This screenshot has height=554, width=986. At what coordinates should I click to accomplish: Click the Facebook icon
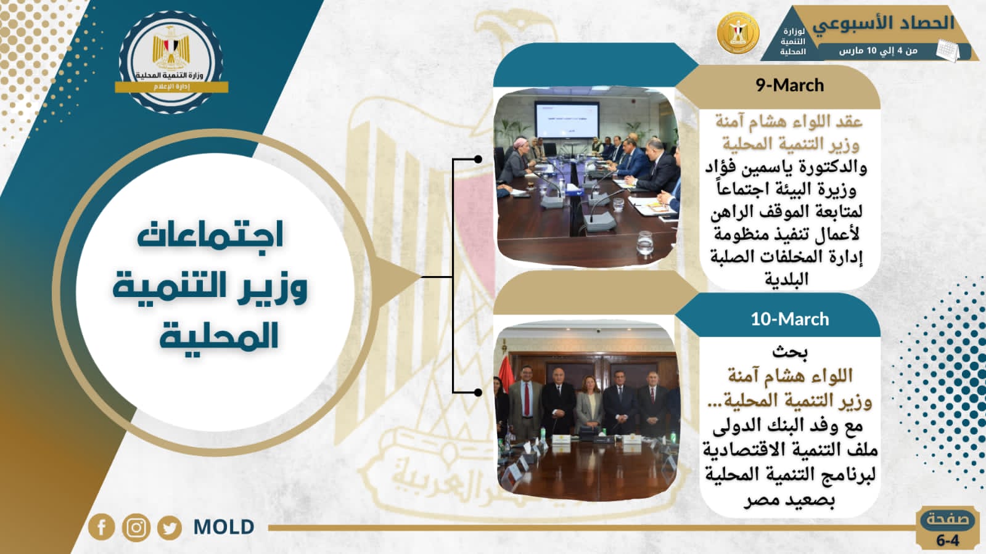pyautogui.click(x=102, y=527)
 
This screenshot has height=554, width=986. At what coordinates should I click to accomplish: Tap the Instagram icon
pyautogui.click(x=136, y=527)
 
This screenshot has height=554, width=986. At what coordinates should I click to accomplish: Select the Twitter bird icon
pyautogui.click(x=170, y=527)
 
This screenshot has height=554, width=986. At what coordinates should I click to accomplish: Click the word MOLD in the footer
pyautogui.click(x=224, y=527)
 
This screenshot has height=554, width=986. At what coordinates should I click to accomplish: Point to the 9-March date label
pyautogui.click(x=790, y=85)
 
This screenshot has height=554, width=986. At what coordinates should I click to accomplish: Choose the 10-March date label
pyautogui.click(x=790, y=319)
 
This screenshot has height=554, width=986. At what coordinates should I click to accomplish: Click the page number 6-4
pyautogui.click(x=948, y=540)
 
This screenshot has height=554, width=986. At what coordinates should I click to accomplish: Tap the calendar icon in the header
pyautogui.click(x=948, y=50)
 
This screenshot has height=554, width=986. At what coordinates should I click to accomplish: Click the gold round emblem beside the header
pyautogui.click(x=738, y=33)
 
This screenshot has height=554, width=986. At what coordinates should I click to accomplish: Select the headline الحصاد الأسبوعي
pyautogui.click(x=883, y=23)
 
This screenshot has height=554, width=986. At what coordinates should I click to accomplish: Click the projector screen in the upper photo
pyautogui.click(x=567, y=120)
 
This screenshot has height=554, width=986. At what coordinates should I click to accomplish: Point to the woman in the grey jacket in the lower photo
pyautogui.click(x=589, y=405)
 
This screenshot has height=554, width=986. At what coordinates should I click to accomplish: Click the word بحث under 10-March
pyautogui.click(x=790, y=352)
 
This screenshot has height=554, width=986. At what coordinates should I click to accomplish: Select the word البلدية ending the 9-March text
pyautogui.click(x=787, y=279)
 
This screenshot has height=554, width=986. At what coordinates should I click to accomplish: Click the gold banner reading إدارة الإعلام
pyautogui.click(x=171, y=87)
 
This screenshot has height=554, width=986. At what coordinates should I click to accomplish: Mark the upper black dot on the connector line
pyautogui.click(x=478, y=159)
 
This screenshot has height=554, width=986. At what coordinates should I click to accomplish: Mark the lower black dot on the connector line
pyautogui.click(x=478, y=392)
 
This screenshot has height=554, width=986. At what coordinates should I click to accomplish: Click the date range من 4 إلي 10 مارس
pyautogui.click(x=878, y=51)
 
